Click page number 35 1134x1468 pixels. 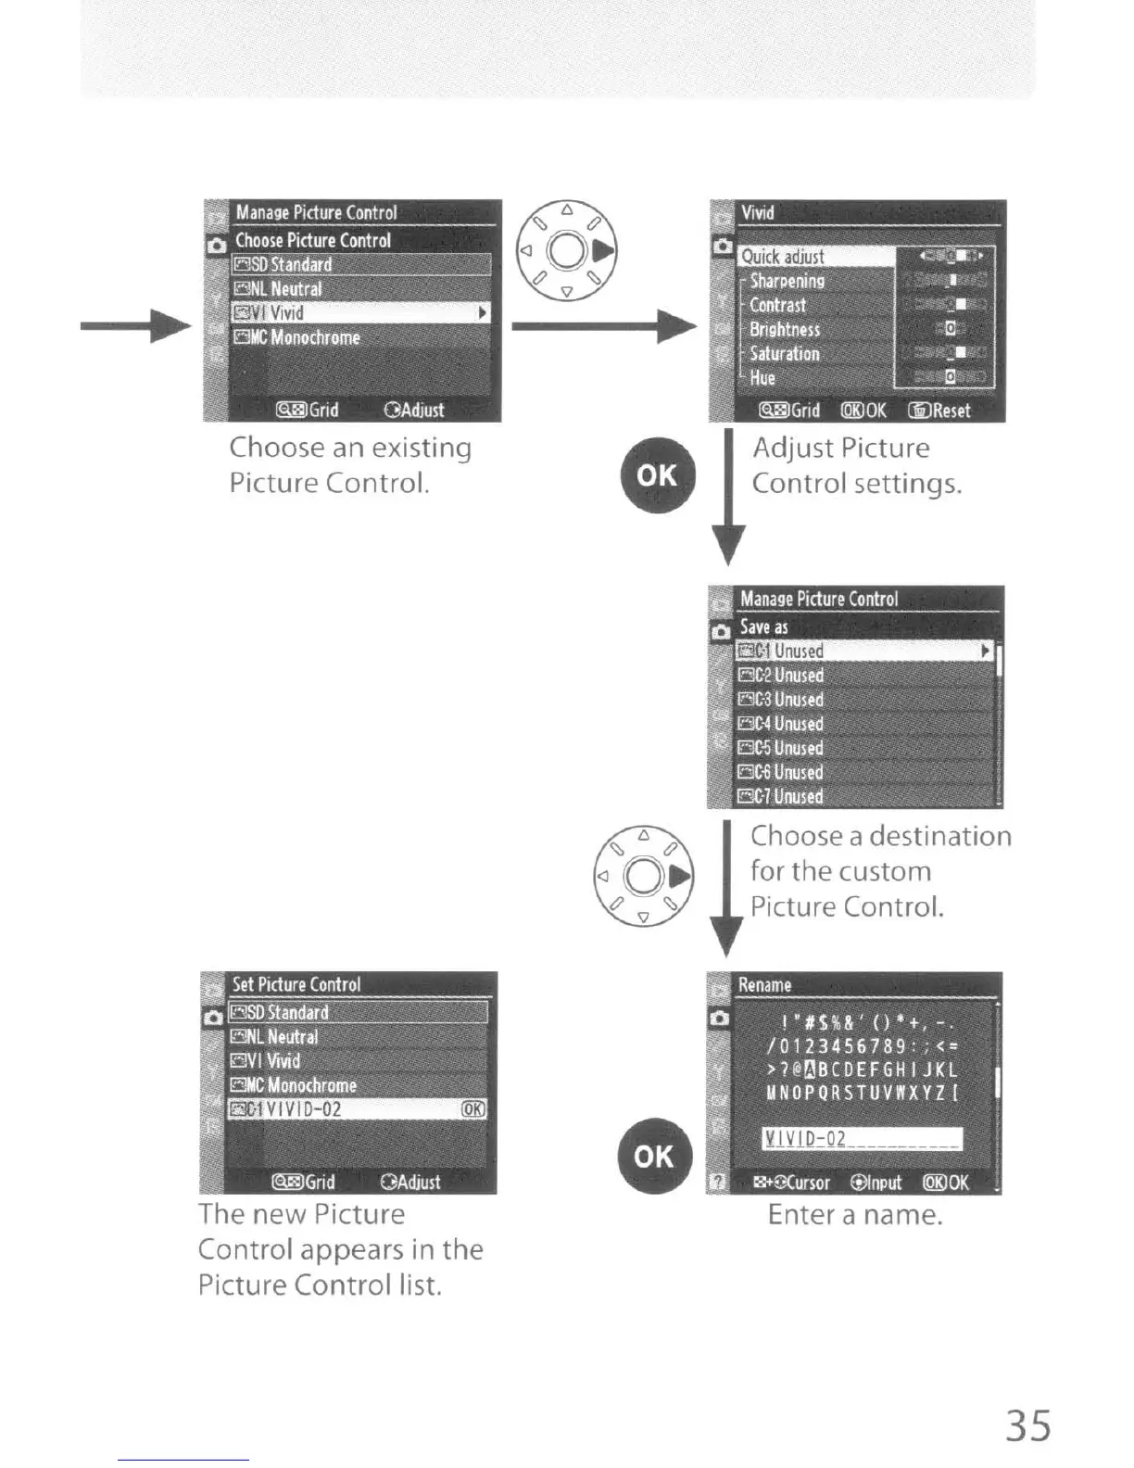point(1028,1425)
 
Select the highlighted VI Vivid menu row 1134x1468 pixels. point(359,313)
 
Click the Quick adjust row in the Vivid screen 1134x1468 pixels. point(815,257)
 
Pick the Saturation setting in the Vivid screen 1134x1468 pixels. point(785,353)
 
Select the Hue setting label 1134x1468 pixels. point(762,377)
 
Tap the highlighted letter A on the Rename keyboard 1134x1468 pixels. point(812,1070)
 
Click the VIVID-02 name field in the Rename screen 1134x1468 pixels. point(862,1139)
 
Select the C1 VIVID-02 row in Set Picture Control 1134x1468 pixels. point(357,1109)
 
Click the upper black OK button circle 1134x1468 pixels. point(657,475)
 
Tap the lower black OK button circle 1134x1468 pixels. point(654,1156)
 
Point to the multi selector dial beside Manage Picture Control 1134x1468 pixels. point(567,250)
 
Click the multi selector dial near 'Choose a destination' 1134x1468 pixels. point(643,876)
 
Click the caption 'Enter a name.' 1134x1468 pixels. point(854,1214)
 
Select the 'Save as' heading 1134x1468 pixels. point(764,626)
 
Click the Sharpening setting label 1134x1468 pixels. point(787,281)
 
